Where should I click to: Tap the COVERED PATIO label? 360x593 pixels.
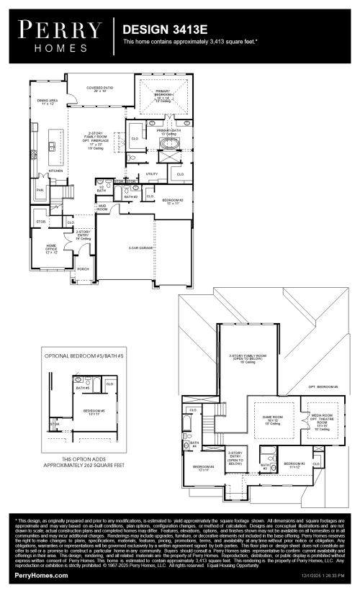coord(100,90)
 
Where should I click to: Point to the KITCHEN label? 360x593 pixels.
coord(56,171)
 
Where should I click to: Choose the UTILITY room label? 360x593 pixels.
coord(151,173)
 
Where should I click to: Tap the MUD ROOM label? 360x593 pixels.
coord(102,208)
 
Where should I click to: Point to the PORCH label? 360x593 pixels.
coord(84,269)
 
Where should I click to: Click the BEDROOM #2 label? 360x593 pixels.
coord(173,200)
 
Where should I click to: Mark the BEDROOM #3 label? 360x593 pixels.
coord(294,463)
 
